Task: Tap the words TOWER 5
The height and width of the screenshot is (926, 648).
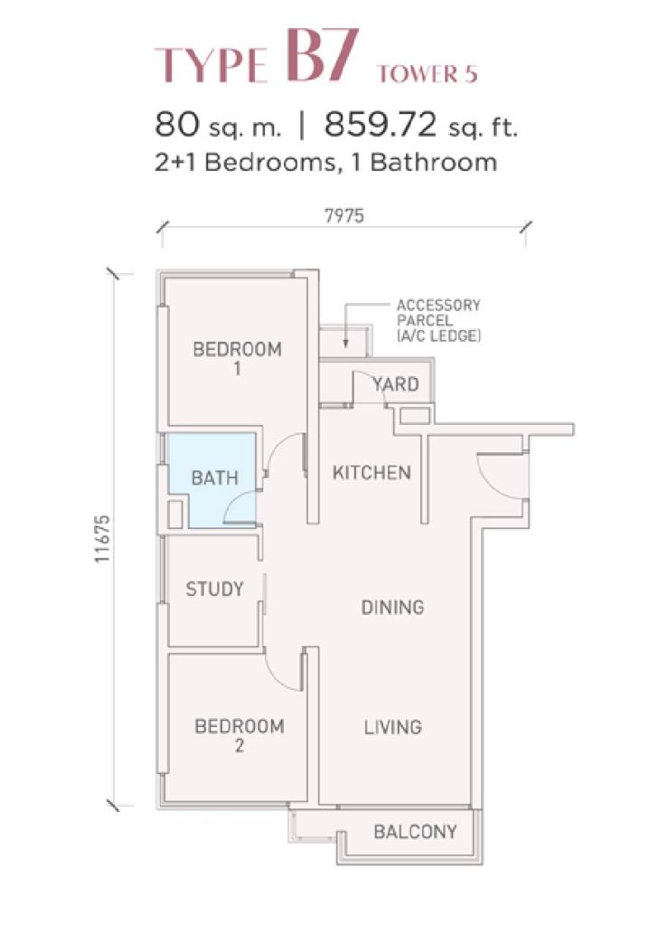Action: pos(427,73)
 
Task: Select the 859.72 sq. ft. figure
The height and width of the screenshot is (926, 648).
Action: pos(421,125)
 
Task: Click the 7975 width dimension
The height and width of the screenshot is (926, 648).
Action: pos(344,216)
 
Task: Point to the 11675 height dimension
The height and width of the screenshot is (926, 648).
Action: pos(102,539)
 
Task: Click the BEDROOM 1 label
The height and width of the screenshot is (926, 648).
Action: pos(238,358)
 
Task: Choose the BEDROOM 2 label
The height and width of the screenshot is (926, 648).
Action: pos(239,735)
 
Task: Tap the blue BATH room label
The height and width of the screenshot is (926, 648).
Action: pos(215,477)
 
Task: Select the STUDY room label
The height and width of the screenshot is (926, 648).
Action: pos(214,588)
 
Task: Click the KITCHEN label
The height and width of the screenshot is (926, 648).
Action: pos(371,472)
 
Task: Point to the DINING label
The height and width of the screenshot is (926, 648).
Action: pos(392,607)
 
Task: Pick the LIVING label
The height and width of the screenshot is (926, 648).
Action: pos(392,726)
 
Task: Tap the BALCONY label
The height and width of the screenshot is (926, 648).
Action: pos(416,832)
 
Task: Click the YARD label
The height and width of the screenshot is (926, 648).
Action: pos(396,384)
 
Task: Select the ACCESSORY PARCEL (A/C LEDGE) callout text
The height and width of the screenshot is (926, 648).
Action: pos(438,321)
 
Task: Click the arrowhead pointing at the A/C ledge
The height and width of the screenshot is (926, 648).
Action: pos(346,343)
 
